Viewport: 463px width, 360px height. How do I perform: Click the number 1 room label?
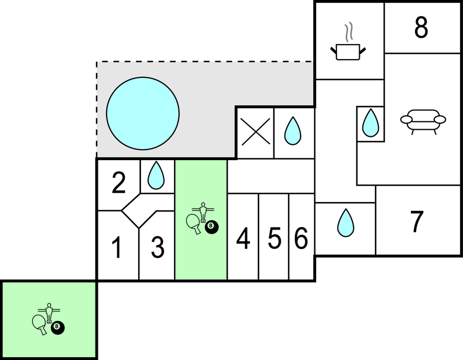(x=117, y=248)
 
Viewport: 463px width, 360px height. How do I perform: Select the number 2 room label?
(x=119, y=184)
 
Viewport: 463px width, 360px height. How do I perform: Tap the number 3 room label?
(x=158, y=248)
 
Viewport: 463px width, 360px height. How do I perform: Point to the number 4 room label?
(x=243, y=239)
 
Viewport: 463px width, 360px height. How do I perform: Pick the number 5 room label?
(x=275, y=239)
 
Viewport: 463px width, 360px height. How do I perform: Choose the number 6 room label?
(x=301, y=239)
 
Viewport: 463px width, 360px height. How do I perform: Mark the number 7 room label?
(x=417, y=221)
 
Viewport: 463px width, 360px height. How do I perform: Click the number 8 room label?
(x=421, y=28)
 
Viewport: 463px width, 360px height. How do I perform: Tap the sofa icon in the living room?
(x=423, y=121)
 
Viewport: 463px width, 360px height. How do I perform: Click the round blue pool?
(x=143, y=113)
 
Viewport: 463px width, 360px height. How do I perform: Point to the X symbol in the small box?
(x=255, y=133)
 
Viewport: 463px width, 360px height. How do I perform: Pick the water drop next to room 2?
(x=157, y=176)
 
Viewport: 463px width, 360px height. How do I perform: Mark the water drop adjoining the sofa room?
(x=370, y=123)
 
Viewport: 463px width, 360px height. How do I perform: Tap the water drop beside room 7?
(x=345, y=223)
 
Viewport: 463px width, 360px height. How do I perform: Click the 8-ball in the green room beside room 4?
(x=211, y=226)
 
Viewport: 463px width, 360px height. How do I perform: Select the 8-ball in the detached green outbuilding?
(x=57, y=327)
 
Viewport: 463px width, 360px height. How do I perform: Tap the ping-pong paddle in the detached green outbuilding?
(x=41, y=324)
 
